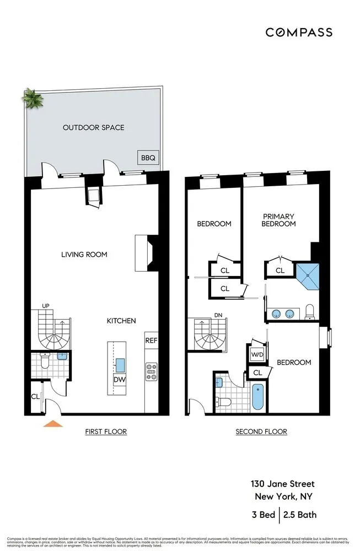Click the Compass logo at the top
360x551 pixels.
point(299,32)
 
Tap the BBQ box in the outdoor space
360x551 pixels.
point(148,158)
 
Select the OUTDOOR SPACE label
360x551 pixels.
point(93,127)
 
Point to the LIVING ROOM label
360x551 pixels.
point(84,255)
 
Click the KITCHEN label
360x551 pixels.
point(121,321)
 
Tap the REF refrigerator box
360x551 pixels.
point(151,341)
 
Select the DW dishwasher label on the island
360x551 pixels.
point(119,380)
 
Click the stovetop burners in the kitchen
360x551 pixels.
point(151,372)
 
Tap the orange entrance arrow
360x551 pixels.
point(53,423)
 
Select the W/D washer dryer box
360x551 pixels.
point(256,354)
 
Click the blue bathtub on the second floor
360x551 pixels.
point(258,397)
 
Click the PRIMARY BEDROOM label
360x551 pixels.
point(278,220)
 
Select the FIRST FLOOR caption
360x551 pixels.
point(106,432)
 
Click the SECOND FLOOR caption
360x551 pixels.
point(261,432)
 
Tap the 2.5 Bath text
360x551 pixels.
point(300,516)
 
